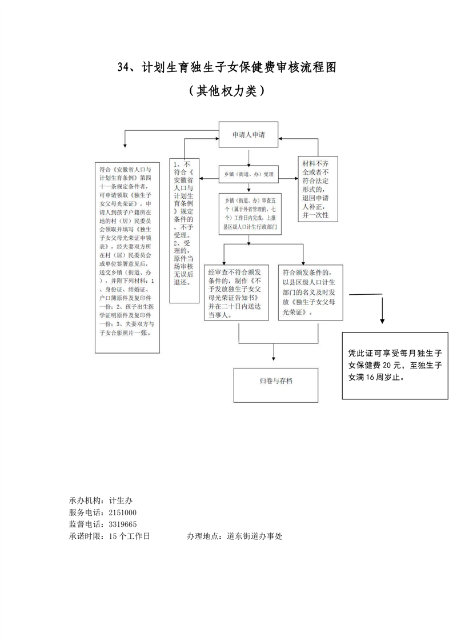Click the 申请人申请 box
tap(248, 135)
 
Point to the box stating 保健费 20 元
tap(394, 366)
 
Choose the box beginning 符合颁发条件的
tap(312, 291)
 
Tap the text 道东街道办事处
tap(255, 536)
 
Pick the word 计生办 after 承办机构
tap(121, 500)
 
